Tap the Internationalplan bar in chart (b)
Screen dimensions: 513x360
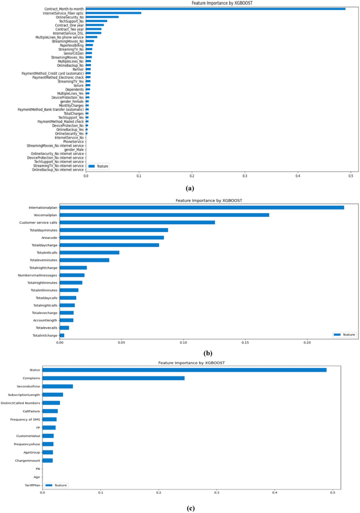(x=202, y=207)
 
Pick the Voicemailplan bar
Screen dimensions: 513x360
(x=164, y=215)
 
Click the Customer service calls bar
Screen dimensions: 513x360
(x=137, y=222)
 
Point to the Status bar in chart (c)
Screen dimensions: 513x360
(x=184, y=370)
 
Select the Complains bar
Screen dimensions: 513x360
(x=113, y=378)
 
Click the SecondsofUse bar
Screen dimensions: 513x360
(x=57, y=386)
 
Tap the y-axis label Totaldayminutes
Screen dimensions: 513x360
(x=44, y=230)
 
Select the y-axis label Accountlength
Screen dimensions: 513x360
(x=45, y=320)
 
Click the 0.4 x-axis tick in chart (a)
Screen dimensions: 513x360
(x=298, y=175)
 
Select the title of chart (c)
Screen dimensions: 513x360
(x=192, y=363)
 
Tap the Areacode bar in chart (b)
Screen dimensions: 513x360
(x=112, y=237)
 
